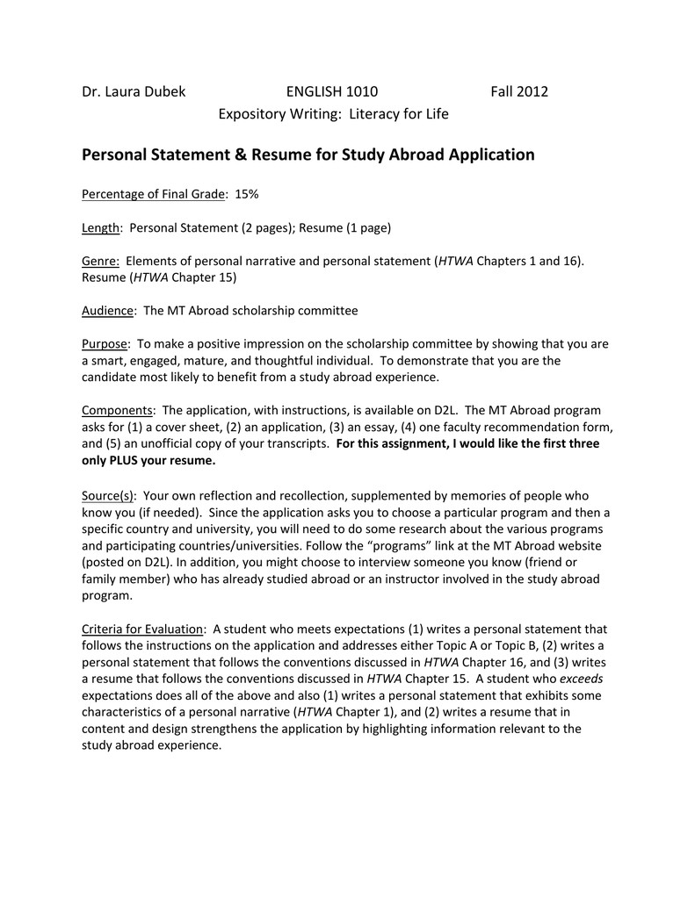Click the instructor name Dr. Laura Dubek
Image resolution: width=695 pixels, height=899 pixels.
coord(134,91)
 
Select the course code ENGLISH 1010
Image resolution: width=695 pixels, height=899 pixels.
coord(332,91)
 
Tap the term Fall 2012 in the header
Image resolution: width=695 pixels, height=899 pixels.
coord(518,91)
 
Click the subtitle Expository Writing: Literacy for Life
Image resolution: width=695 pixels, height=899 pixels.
coord(333,114)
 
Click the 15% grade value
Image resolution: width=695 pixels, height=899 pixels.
coord(247,194)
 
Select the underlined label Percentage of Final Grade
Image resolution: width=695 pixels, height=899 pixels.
coord(155,194)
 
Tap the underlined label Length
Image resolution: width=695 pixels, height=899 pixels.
coord(101,228)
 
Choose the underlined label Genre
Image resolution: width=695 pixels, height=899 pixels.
coord(100,262)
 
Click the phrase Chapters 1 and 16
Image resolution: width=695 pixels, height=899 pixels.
coord(528,262)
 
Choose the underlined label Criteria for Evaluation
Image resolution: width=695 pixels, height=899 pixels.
coord(143,629)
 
